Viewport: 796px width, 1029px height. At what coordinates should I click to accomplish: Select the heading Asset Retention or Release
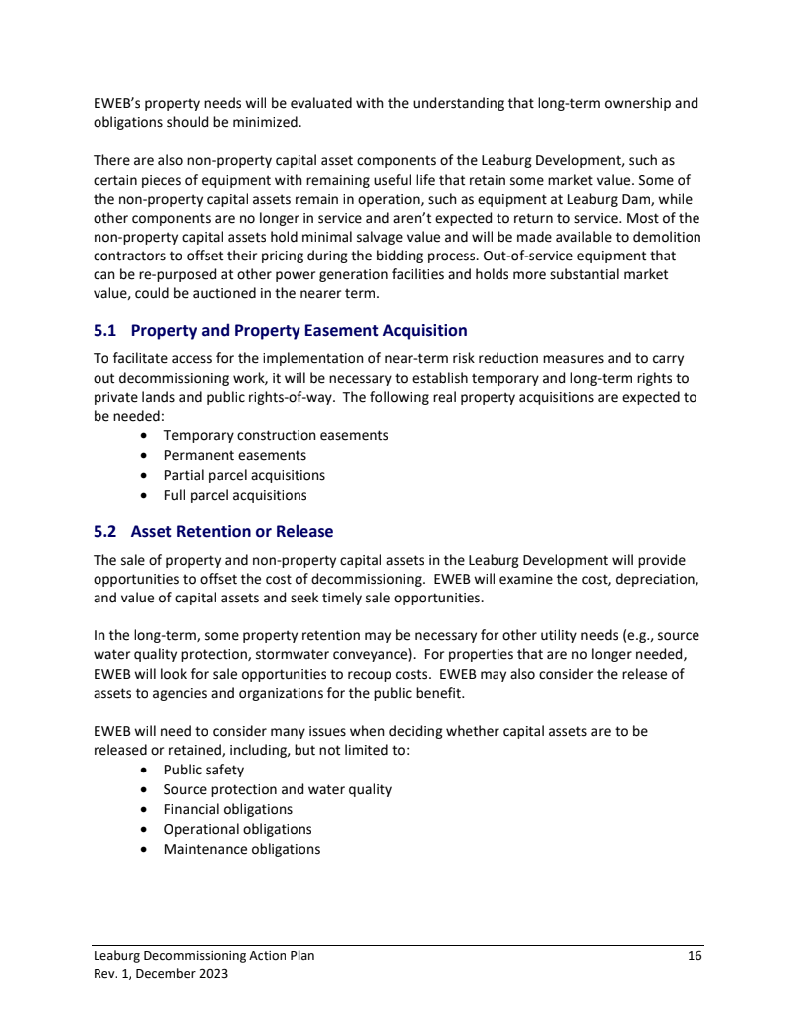point(232,531)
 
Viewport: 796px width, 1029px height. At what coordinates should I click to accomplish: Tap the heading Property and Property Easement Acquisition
point(298,330)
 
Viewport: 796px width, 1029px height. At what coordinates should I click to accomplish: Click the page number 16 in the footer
point(695,956)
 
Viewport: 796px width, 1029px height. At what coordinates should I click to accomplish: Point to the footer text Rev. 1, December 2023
point(160,974)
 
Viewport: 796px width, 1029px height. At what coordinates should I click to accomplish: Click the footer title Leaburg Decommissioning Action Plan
point(204,956)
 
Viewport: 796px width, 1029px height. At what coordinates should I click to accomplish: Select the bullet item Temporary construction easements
point(276,435)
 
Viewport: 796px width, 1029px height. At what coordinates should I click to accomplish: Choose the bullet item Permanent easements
point(235,455)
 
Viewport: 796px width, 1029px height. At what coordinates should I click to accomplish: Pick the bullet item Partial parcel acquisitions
point(244,475)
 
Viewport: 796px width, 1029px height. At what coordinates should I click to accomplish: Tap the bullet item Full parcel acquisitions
point(235,495)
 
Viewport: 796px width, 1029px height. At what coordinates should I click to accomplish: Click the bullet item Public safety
point(203,770)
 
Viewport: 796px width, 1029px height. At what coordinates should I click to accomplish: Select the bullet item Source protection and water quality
point(278,789)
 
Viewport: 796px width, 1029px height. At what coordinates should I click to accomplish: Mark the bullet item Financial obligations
point(228,809)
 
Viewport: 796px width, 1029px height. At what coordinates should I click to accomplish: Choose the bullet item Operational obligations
point(238,829)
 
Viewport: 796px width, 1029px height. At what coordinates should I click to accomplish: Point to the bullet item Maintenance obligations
point(242,849)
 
